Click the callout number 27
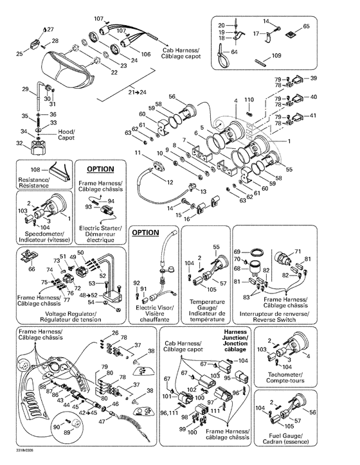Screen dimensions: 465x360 50,30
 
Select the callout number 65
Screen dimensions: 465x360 306,26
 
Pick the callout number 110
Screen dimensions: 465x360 249,100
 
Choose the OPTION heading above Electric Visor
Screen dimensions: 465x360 145,232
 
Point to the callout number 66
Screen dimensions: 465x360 31,270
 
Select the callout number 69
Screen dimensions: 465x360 237,250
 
